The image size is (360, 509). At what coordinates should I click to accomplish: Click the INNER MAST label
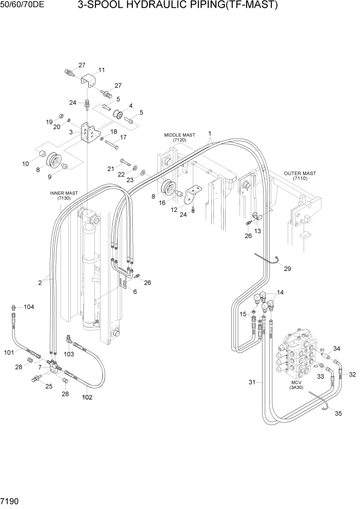coord(64,195)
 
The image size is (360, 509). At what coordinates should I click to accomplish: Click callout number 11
coord(101,70)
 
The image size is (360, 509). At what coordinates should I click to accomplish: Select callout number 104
coord(28,307)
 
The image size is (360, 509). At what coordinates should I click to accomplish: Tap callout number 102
coord(87,397)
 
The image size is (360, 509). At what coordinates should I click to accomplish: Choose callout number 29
coord(287,269)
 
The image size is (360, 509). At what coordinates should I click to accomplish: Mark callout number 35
coord(338,414)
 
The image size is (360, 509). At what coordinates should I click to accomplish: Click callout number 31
coord(252,382)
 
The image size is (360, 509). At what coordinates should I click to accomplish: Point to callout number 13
coord(257,231)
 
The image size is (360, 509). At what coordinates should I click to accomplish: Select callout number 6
coord(135,291)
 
